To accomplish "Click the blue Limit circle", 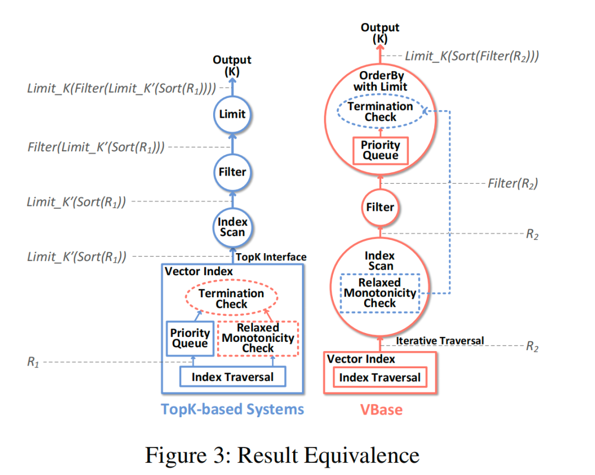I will tap(232, 114).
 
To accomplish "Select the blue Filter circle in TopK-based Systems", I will tap(232, 172).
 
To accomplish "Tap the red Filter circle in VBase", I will tap(380, 208).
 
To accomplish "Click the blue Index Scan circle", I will tap(232, 227).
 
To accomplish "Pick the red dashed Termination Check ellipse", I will tap(231, 298).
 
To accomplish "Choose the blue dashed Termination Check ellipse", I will tap(380, 112).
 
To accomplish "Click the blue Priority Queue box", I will tap(190, 338).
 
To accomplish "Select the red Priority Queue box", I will tap(380, 150).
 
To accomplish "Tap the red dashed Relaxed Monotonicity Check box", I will tap(258, 338).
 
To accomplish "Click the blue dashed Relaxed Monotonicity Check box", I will tap(380, 293).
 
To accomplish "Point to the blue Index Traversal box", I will tap(232, 377).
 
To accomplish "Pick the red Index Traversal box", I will tap(380, 378).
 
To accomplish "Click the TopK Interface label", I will tap(271, 256).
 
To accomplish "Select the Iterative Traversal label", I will tap(440, 341).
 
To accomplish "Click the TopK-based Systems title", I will tap(232, 410).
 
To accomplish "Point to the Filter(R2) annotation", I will tap(512, 184).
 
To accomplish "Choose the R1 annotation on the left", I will tap(34, 362).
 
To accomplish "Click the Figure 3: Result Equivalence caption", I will tap(282, 455).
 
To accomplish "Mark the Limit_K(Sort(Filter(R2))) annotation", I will tap(472, 56).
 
